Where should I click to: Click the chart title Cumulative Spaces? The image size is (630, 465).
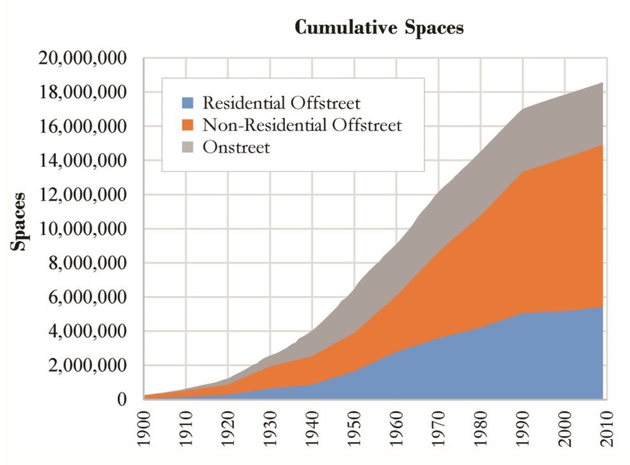(x=379, y=29)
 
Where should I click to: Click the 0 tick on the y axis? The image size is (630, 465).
(x=126, y=399)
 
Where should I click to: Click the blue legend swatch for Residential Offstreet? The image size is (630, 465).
(x=187, y=103)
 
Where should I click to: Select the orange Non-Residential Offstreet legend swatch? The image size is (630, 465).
(x=187, y=125)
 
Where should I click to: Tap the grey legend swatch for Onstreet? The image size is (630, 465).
(x=187, y=147)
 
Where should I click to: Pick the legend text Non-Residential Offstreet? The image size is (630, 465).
(x=302, y=125)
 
